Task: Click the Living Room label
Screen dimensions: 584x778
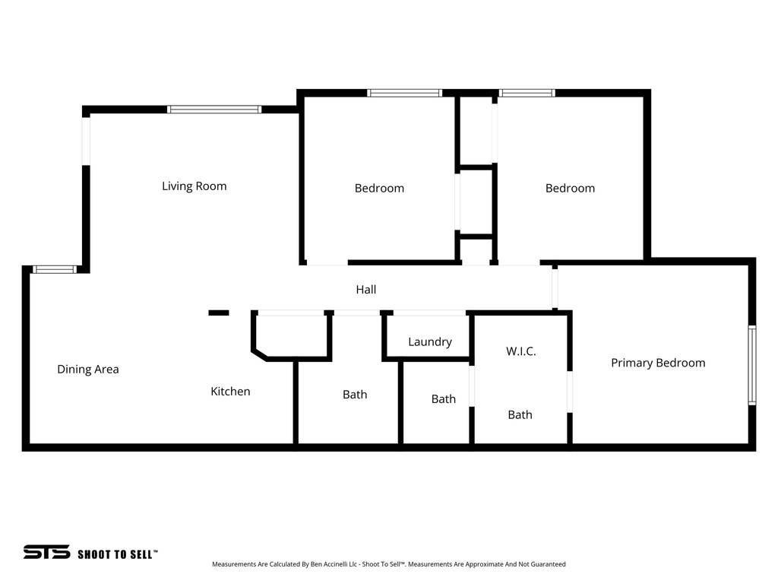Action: [194, 186]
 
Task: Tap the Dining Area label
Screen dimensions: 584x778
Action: [88, 370]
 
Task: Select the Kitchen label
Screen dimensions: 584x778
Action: [230, 392]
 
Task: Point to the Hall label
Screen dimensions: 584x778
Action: [366, 290]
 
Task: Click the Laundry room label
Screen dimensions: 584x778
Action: [430, 342]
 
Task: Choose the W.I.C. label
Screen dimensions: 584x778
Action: [521, 351]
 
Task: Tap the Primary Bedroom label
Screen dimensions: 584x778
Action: [658, 363]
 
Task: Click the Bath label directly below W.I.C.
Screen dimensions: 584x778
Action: [520, 415]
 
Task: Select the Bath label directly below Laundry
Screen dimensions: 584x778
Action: [444, 399]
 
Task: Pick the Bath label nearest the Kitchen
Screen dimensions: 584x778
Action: [355, 395]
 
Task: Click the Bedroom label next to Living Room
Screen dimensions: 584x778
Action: [379, 189]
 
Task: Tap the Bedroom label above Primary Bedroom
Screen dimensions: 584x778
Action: [570, 189]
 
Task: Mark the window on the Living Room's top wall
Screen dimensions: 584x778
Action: [214, 109]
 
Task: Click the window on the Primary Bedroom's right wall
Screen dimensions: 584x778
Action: [751, 365]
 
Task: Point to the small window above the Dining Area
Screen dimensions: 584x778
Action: [55, 269]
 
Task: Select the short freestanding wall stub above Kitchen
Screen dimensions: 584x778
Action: [219, 313]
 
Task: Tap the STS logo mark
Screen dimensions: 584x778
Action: [46, 553]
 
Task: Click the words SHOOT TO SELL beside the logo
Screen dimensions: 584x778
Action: [118, 554]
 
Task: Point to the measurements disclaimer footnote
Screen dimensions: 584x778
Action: [388, 564]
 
